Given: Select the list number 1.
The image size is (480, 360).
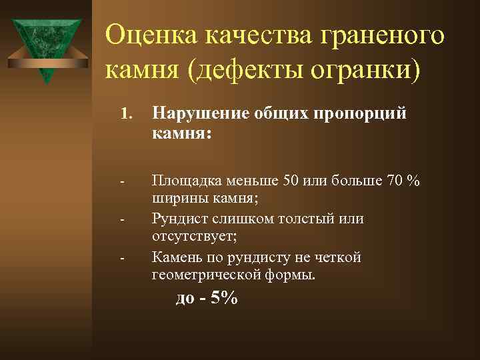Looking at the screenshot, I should coord(125,115).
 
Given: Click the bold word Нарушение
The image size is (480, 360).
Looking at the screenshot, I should coord(198,115).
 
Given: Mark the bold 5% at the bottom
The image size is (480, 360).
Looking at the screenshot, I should coord(223,299).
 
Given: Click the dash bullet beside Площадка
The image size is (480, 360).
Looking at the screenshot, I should coord(123,181).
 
